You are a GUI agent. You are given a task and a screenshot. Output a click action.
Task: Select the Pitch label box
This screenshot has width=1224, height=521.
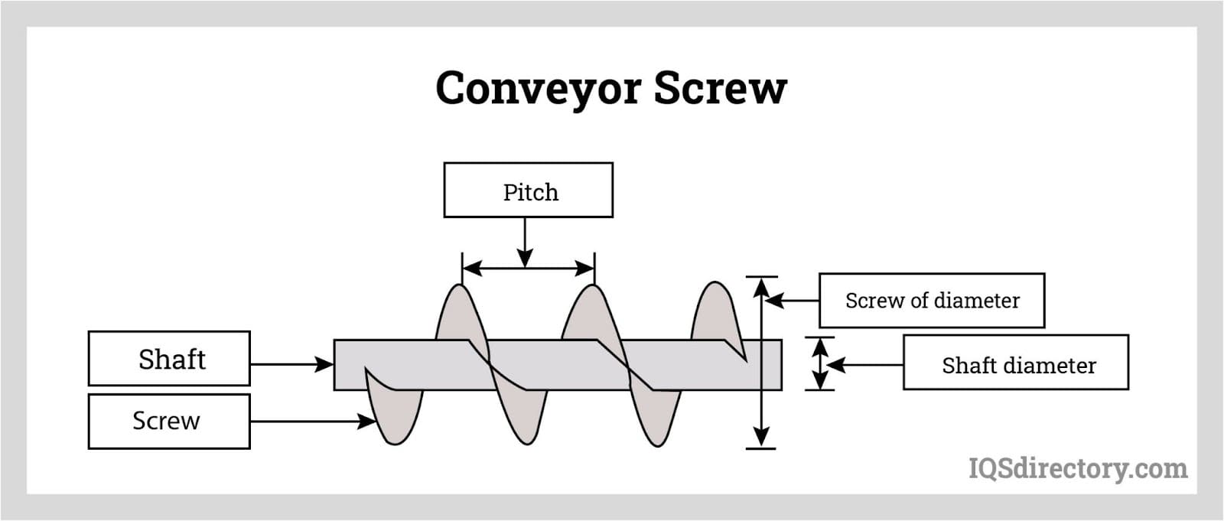528,190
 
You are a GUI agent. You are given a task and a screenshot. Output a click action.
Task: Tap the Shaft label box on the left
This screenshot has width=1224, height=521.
169,358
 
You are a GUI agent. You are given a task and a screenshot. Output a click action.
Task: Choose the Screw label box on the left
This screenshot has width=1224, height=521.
169,421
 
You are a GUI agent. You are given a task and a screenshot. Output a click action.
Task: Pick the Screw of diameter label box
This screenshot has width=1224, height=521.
932,301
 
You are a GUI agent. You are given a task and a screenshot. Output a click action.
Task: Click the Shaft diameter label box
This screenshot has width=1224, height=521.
1016,362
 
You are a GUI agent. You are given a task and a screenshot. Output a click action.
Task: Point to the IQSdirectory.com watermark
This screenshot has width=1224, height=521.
1078,467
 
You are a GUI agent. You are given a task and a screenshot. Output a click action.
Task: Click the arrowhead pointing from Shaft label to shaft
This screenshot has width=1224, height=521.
325,364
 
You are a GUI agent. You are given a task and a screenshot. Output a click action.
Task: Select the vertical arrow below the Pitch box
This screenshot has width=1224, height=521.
525,242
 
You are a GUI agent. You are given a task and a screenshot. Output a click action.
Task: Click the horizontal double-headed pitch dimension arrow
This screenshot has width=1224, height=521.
528,268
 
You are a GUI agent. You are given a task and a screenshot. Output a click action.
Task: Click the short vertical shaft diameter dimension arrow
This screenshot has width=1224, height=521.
820,364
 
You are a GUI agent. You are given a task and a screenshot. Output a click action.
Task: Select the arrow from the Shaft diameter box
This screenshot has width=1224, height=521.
864,365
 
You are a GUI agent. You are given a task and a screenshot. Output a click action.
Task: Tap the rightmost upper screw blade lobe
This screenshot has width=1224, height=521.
714,310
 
